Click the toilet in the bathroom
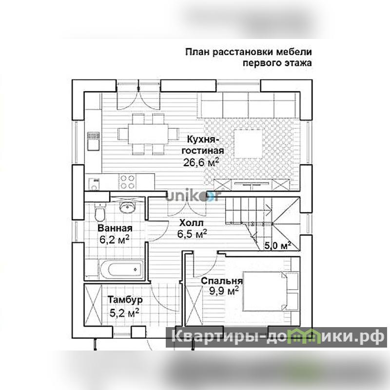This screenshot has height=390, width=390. [x=100, y=213]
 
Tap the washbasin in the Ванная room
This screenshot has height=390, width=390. [x=127, y=207]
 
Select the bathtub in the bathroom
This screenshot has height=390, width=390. [x=121, y=270]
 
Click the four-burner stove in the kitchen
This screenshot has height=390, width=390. [x=127, y=182]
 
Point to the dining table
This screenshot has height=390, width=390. [x=148, y=134]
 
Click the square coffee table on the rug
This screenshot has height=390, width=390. [x=248, y=144]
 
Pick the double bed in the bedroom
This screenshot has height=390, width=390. [x=271, y=291]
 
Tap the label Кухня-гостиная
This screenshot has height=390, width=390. [x=203, y=145]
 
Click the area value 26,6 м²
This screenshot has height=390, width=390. [x=201, y=162]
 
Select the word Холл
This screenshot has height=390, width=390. [x=191, y=223]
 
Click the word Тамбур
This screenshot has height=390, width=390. [x=125, y=299]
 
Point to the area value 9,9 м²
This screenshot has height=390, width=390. [x=224, y=291]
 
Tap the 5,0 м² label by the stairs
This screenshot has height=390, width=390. [x=277, y=246]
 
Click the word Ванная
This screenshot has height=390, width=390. [x=115, y=228]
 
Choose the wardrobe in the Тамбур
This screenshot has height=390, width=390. [x=93, y=305]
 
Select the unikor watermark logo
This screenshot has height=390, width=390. [x=193, y=196]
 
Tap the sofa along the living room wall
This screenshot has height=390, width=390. [x=250, y=104]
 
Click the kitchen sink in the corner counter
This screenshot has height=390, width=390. [x=94, y=184]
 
